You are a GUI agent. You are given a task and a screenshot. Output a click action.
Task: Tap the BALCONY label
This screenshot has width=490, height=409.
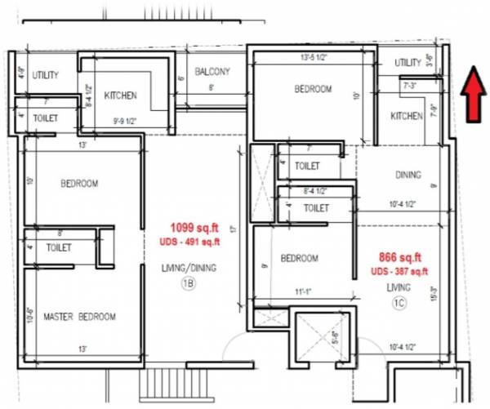click(x=212, y=72)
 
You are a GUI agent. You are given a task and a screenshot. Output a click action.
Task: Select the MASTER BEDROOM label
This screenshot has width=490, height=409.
click(x=79, y=317)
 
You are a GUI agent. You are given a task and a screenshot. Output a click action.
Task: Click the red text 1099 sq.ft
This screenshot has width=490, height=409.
click(x=192, y=228)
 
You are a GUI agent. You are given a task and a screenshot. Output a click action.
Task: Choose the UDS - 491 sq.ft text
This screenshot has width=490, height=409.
click(x=192, y=242)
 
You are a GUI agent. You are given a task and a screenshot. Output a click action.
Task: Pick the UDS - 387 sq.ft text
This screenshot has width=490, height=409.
click(x=399, y=270)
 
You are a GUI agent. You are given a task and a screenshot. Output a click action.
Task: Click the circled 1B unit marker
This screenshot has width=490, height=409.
click(x=187, y=283)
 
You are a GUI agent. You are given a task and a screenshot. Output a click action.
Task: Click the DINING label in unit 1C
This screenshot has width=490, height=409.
click(x=408, y=175)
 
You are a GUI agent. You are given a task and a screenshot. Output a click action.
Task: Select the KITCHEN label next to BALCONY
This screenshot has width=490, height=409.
click(x=120, y=96)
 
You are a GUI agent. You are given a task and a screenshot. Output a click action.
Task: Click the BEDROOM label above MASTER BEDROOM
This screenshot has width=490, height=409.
click(x=79, y=184)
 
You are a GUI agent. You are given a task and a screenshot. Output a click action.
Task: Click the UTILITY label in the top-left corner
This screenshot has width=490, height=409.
click(x=46, y=75)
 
